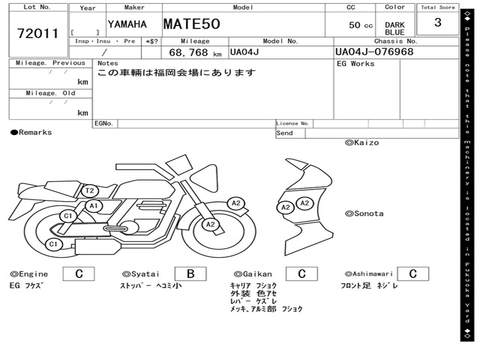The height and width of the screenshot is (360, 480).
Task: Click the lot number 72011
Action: click(x=37, y=33)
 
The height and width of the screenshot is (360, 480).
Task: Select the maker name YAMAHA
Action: click(x=127, y=24)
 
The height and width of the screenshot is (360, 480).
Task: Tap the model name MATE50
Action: click(x=192, y=24)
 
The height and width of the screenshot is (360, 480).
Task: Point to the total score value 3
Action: click(x=438, y=22)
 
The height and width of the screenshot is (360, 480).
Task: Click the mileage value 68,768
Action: click(x=188, y=52)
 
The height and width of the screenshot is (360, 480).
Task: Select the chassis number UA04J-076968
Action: click(x=375, y=52)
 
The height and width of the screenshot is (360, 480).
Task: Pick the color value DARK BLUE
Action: click(x=395, y=29)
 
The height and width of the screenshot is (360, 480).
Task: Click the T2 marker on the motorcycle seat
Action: click(x=90, y=191)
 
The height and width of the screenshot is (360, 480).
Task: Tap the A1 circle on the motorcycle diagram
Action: click(x=94, y=206)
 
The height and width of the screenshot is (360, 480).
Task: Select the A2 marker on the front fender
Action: click(x=236, y=203)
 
